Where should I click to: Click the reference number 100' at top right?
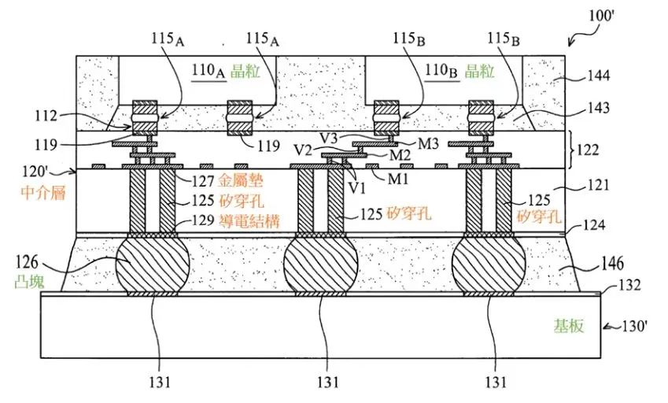pos(601,17)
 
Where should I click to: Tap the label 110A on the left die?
pos(208,71)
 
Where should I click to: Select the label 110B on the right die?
pos(441,71)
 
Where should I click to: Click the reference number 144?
pos(599,76)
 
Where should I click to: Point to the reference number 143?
pos(599,108)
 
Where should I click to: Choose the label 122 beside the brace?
pos(588,150)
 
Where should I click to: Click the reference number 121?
pos(598,185)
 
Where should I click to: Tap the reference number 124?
pos(594,224)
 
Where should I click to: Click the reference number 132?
pos(629,284)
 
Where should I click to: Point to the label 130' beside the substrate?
pos(635,327)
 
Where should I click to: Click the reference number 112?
pos(46,116)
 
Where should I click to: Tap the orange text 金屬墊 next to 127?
pos(240,181)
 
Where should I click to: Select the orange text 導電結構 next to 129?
pos(249,220)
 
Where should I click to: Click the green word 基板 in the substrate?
pos(569,326)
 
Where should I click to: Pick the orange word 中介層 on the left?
pos(43,193)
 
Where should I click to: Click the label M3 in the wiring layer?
pos(428,143)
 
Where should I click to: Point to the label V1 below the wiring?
pos(356,187)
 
